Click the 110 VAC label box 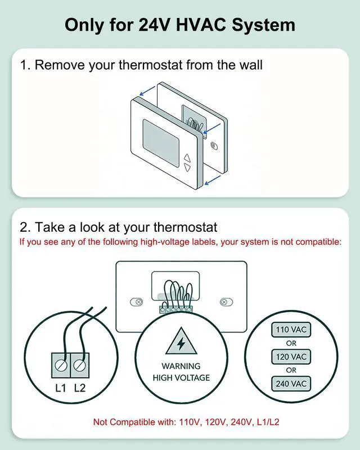point(291,329)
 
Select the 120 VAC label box point(291,356)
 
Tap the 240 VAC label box point(291,384)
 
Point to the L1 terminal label point(61,387)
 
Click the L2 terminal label point(80,387)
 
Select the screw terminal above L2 point(80,366)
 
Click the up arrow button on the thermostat point(187,157)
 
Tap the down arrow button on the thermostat point(187,167)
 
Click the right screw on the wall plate point(224,301)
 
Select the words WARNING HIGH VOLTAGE point(181,372)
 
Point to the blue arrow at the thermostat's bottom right point(213,179)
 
